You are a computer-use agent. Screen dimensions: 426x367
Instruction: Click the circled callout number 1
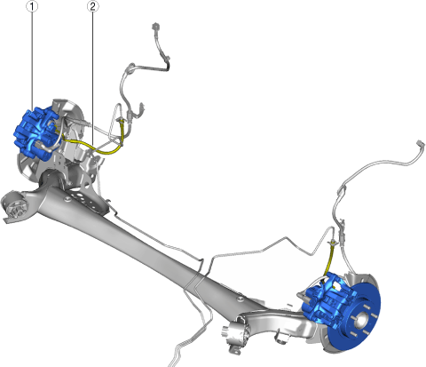(32, 6)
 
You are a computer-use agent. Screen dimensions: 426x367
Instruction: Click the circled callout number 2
(93, 6)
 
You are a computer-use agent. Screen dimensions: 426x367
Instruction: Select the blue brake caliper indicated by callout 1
(37, 133)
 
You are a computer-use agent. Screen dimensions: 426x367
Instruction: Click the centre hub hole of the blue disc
(361, 320)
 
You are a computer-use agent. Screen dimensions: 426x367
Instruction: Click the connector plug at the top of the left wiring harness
(154, 27)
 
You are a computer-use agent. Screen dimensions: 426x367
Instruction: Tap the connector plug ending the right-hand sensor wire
(421, 144)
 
